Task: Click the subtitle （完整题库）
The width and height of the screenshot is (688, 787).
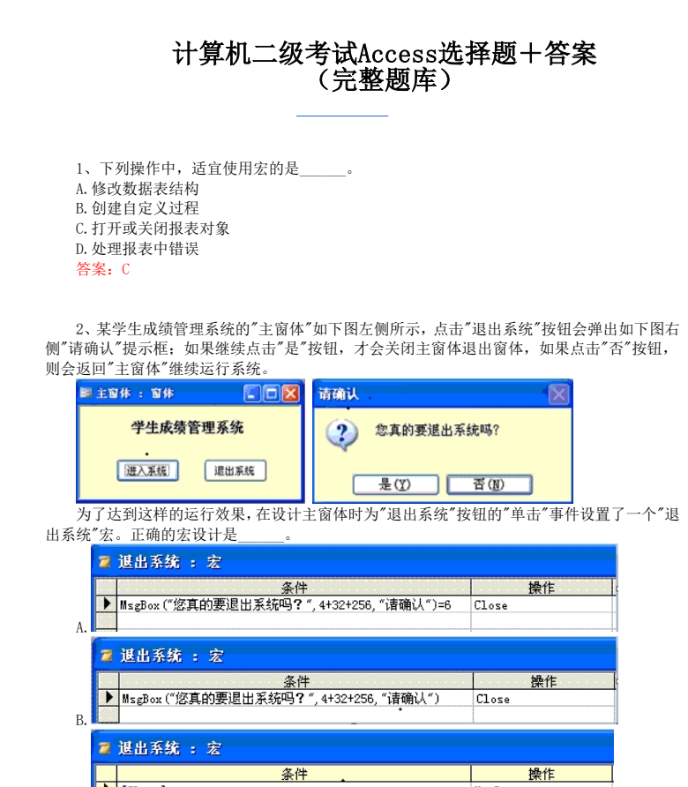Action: [x=385, y=81]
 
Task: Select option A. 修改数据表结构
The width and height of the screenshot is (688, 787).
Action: [x=138, y=189]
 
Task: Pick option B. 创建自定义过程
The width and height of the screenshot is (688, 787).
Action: [x=138, y=208]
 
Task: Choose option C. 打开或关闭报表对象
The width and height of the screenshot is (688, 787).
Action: [x=153, y=229]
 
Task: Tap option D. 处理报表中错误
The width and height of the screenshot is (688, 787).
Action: [x=138, y=249]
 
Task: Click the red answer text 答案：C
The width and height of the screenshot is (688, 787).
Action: [x=103, y=270]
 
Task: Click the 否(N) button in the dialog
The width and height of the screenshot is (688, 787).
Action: [x=489, y=484]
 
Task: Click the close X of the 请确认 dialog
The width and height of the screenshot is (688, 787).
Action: [x=558, y=394]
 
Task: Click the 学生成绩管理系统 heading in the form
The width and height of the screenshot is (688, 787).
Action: [x=187, y=428]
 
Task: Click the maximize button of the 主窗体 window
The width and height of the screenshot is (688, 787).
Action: [x=272, y=393]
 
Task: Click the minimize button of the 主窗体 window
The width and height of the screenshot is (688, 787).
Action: [x=253, y=393]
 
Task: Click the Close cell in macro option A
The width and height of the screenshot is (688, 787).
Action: [x=491, y=605]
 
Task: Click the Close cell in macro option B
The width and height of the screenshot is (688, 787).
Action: [x=493, y=699]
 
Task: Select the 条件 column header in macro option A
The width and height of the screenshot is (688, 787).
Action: [x=295, y=588]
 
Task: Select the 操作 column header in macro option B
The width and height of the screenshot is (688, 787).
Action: [x=543, y=681]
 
